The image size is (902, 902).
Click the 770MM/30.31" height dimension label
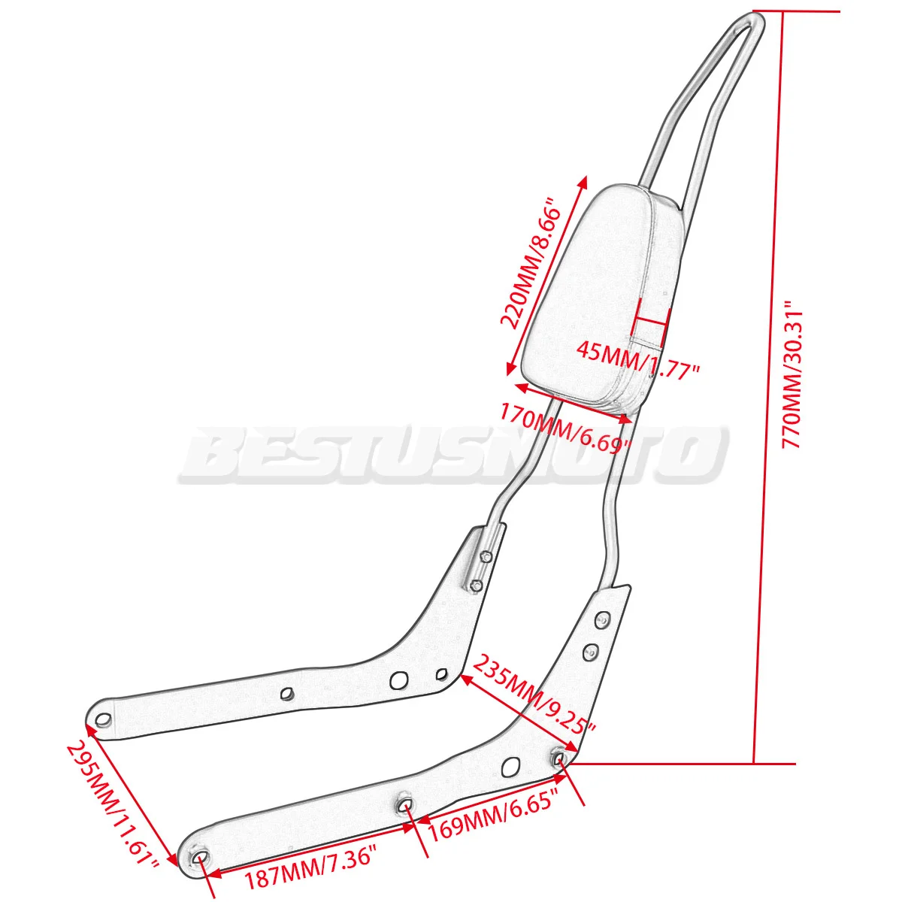794,376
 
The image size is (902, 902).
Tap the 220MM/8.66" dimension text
531,263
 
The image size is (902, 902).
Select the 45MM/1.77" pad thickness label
638,362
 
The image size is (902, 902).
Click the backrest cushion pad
594,301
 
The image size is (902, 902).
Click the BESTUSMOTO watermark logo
451,455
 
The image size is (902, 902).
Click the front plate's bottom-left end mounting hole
201,859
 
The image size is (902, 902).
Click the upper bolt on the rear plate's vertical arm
486,557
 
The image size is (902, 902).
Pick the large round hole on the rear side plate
398,681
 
